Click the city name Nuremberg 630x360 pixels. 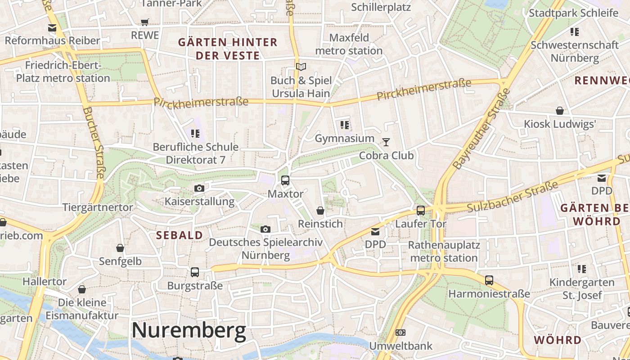(189, 331)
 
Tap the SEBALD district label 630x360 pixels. (179, 235)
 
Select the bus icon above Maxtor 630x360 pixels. (285, 180)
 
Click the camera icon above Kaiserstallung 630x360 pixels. (199, 188)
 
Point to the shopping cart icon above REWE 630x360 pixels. (144, 22)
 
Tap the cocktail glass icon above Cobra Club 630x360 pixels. (386, 142)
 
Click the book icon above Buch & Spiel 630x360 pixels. (301, 67)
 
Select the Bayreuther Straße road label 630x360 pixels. (481, 129)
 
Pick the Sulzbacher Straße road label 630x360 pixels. (513, 197)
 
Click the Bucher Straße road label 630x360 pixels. (94, 143)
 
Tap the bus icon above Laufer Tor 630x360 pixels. (421, 210)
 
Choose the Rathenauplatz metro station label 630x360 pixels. (444, 252)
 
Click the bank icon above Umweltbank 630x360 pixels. (400, 333)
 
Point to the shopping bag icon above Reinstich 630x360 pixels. (320, 210)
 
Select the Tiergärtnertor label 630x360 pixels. (98, 207)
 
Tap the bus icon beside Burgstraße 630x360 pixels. (195, 272)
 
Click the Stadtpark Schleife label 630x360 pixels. (573, 13)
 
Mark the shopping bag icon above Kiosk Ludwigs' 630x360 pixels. (559, 111)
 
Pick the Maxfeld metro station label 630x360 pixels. (349, 44)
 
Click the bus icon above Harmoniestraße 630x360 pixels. (489, 280)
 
